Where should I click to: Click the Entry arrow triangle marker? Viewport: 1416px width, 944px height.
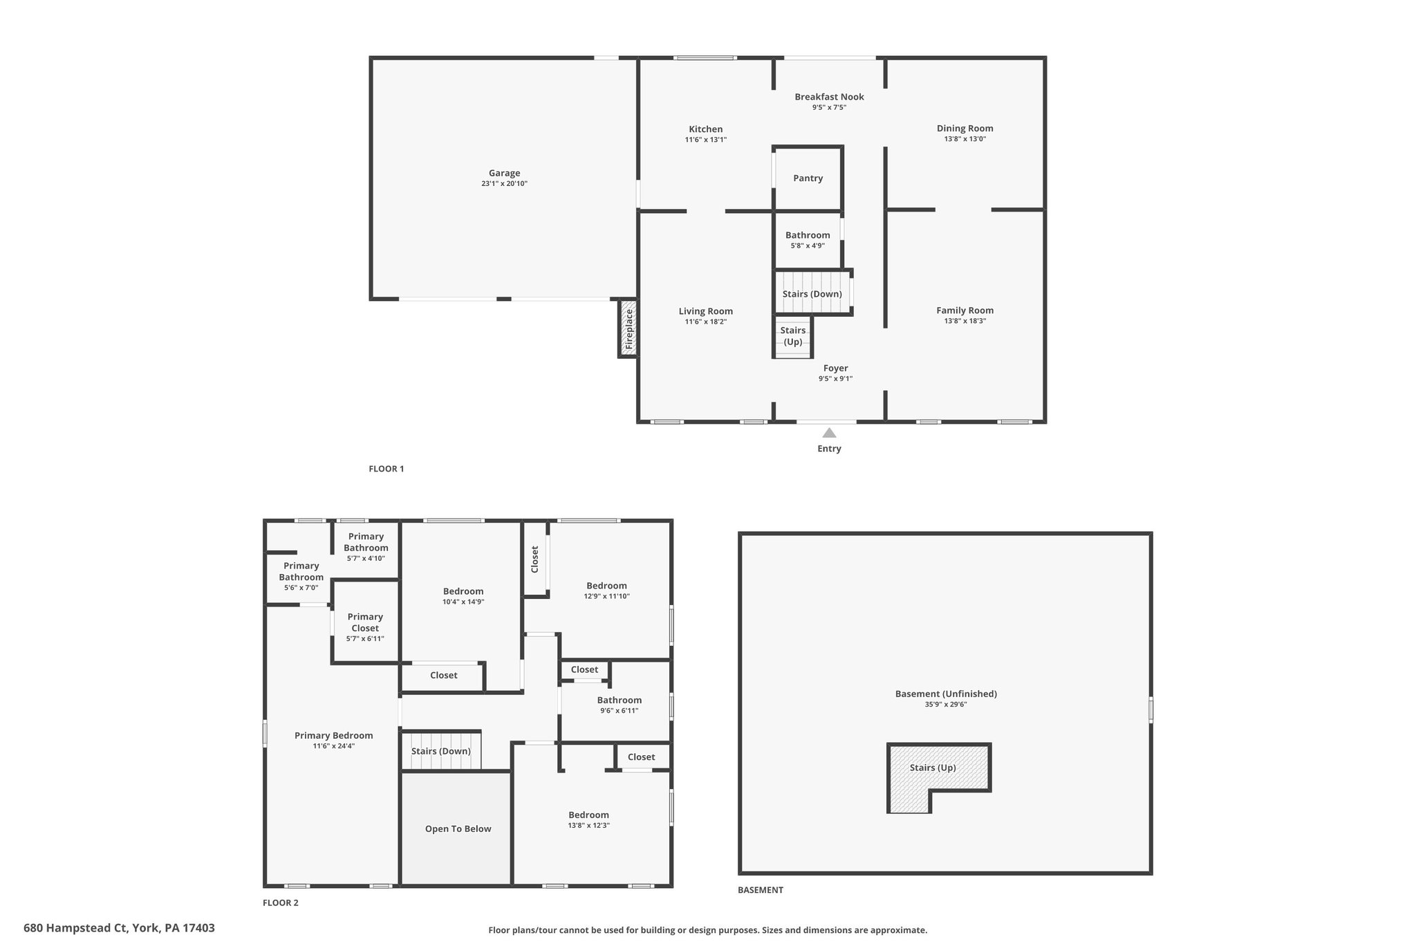tap(829, 433)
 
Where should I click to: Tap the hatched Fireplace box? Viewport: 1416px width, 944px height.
tap(628, 328)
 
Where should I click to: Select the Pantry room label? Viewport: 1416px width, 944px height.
tap(808, 178)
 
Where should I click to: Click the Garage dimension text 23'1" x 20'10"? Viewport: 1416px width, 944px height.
tap(505, 184)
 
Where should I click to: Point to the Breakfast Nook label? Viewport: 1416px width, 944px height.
tap(829, 97)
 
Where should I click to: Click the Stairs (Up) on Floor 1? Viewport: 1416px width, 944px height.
tap(792, 337)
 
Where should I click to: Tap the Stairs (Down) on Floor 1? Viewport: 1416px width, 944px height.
tap(812, 293)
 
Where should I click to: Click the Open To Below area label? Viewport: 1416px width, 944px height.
tap(458, 829)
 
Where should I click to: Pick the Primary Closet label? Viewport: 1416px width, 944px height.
tap(365, 622)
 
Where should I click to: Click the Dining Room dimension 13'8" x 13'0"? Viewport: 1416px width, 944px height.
tap(965, 139)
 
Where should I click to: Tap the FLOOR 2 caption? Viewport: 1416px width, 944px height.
tap(281, 903)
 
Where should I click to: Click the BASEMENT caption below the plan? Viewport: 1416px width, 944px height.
tap(761, 890)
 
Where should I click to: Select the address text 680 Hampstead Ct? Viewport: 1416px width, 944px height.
tap(75, 928)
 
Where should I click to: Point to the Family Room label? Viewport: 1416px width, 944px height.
tap(965, 311)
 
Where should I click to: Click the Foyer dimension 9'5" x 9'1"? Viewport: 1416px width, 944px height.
tap(836, 379)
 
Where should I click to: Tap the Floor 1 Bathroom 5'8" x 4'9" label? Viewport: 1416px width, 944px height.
tap(808, 240)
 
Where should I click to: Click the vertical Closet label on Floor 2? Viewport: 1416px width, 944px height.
tap(534, 559)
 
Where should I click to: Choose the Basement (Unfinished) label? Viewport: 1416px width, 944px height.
tap(946, 694)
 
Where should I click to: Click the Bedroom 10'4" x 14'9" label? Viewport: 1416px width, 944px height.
tap(463, 596)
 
